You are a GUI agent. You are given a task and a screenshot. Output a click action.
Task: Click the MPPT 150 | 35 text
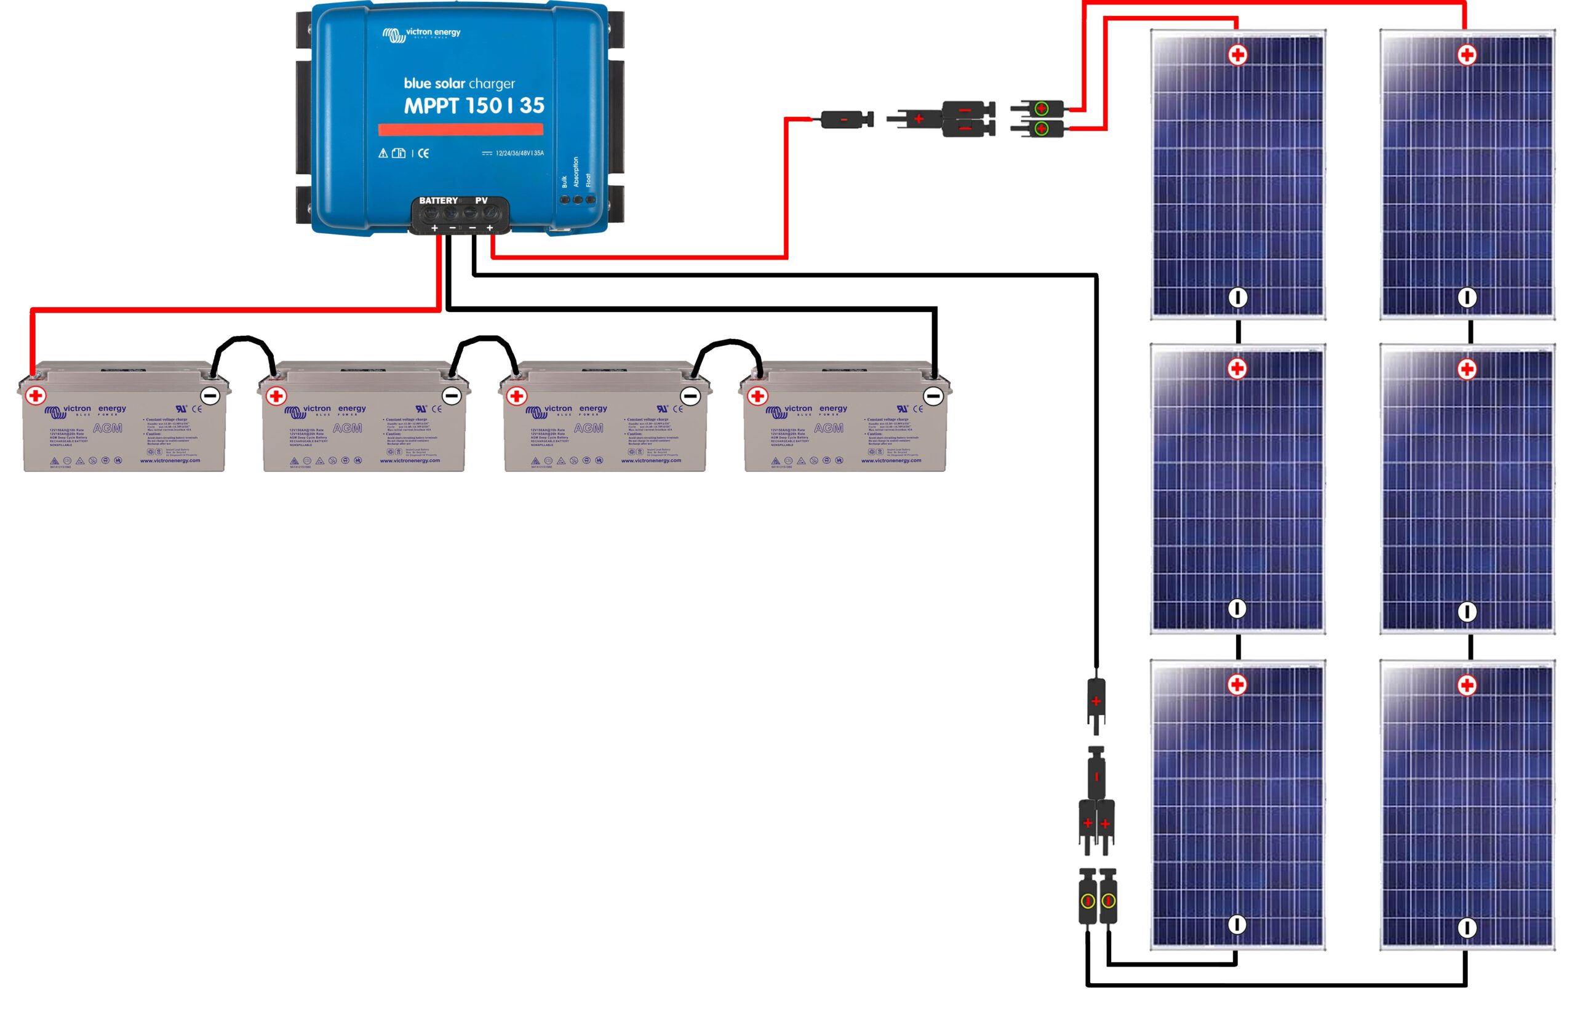pyautogui.click(x=474, y=106)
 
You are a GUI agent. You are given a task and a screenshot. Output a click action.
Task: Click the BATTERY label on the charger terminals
pyautogui.click(x=438, y=201)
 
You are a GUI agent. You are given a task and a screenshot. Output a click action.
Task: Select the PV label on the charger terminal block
pyautogui.click(x=481, y=201)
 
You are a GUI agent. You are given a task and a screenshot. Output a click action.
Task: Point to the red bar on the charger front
pyautogui.click(x=460, y=129)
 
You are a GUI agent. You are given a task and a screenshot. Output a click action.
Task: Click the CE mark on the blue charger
pyautogui.click(x=423, y=153)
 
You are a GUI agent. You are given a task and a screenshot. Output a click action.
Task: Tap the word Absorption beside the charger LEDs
pyautogui.click(x=575, y=172)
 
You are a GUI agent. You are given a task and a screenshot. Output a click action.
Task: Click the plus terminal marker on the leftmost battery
pyautogui.click(x=36, y=396)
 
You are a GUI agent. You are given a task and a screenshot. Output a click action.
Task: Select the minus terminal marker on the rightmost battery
pyautogui.click(x=933, y=396)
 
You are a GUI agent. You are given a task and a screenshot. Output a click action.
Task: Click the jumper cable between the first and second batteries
pyautogui.click(x=243, y=341)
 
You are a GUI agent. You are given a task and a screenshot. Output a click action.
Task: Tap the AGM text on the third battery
pyautogui.click(x=588, y=428)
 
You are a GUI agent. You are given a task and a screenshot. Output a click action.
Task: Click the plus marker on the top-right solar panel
pyautogui.click(x=1467, y=55)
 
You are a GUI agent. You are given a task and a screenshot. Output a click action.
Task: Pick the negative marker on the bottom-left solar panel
pyautogui.click(x=1237, y=925)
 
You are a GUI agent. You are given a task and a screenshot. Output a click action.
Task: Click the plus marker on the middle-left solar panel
pyautogui.click(x=1237, y=369)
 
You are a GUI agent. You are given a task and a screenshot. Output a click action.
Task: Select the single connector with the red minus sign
pyautogui.click(x=845, y=119)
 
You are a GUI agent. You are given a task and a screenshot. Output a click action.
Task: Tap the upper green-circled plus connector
pyautogui.click(x=1041, y=108)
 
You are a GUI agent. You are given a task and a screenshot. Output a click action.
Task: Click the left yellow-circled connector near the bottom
pyautogui.click(x=1087, y=900)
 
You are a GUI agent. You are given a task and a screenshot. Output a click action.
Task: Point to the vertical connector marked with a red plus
pyautogui.click(x=1096, y=701)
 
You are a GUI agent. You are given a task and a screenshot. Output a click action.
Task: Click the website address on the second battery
pyautogui.click(x=409, y=460)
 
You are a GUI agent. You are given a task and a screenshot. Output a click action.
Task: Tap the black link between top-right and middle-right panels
pyautogui.click(x=1470, y=332)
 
